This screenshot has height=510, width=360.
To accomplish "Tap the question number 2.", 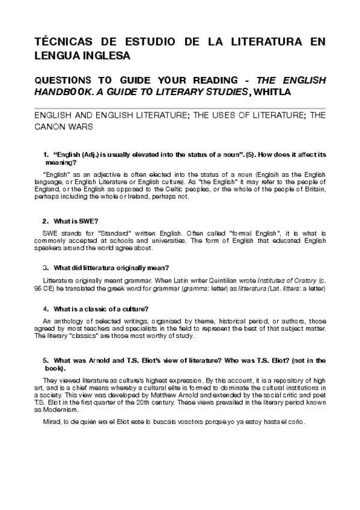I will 40,221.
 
